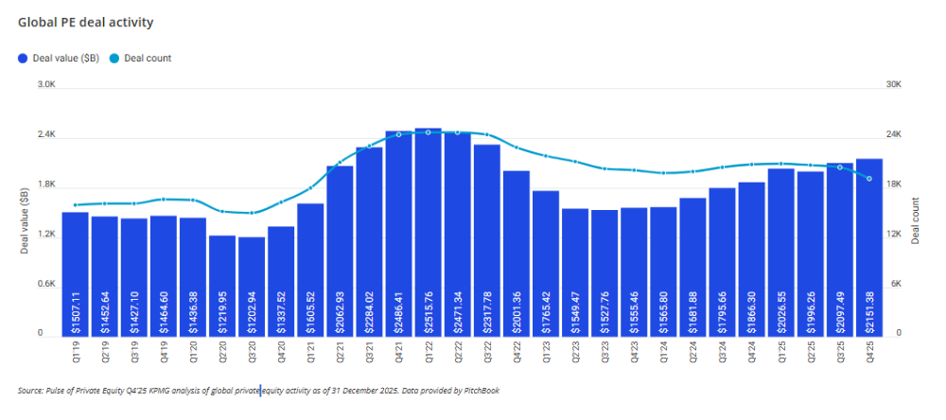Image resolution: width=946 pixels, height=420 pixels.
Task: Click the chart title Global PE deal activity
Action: click(85, 22)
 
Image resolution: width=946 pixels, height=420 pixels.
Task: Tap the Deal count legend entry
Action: click(147, 59)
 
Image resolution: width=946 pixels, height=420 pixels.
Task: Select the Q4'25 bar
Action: click(869, 246)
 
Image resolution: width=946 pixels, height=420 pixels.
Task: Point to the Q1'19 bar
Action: click(76, 273)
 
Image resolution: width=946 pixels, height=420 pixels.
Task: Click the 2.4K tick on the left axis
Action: click(45, 135)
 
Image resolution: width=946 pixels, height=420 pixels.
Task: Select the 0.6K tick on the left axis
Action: click(45, 284)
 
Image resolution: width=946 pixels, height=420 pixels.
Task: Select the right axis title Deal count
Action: click(916, 220)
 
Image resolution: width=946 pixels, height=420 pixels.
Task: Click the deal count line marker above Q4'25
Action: click(869, 179)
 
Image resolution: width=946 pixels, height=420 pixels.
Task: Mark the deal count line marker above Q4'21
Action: click(399, 134)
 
